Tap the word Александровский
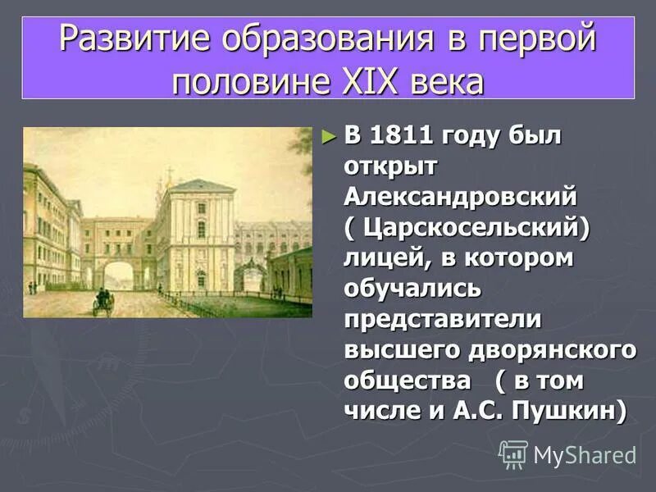click(x=461, y=197)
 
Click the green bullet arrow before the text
click(x=330, y=136)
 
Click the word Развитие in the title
click(x=140, y=39)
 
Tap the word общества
click(x=408, y=380)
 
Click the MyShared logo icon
click(x=513, y=454)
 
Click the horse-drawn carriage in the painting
click(x=102, y=301)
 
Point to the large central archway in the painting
click(x=120, y=276)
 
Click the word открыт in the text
click(x=390, y=166)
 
